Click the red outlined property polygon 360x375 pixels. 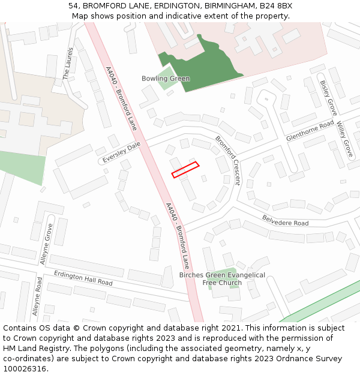185,170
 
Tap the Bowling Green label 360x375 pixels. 166,79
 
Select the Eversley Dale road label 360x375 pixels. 121,153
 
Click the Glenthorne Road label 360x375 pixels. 310,130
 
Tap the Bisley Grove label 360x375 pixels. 328,98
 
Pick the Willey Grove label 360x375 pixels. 344,139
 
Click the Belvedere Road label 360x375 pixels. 285,219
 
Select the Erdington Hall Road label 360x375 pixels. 83,278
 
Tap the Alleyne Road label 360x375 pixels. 37,296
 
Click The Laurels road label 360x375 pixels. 68,63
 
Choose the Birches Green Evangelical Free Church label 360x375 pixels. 222,278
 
